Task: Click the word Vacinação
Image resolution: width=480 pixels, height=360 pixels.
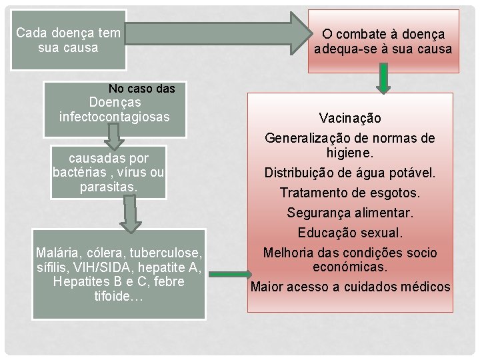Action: click(350, 118)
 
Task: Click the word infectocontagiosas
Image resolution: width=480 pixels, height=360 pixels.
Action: click(114, 117)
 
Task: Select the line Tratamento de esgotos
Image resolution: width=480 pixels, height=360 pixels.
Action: click(350, 193)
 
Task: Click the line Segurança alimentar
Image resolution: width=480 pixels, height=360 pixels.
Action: click(350, 213)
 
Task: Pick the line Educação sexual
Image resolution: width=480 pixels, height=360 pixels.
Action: click(350, 233)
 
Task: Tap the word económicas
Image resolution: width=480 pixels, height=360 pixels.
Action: click(350, 267)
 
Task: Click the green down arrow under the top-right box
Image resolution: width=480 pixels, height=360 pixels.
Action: click(383, 79)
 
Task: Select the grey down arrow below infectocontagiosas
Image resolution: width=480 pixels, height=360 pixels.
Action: click(115, 137)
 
